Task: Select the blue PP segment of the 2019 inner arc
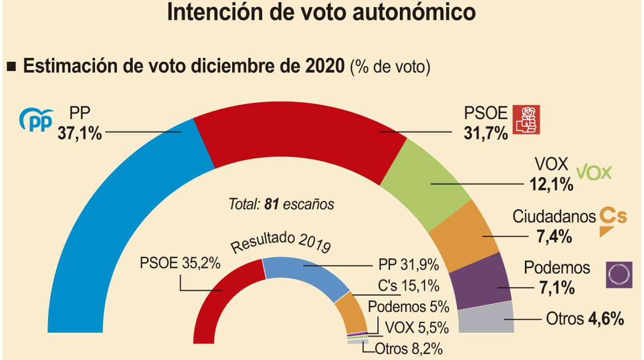[304, 273]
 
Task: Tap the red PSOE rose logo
[526, 120]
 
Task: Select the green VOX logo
[593, 172]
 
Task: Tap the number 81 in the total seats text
[271, 205]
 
